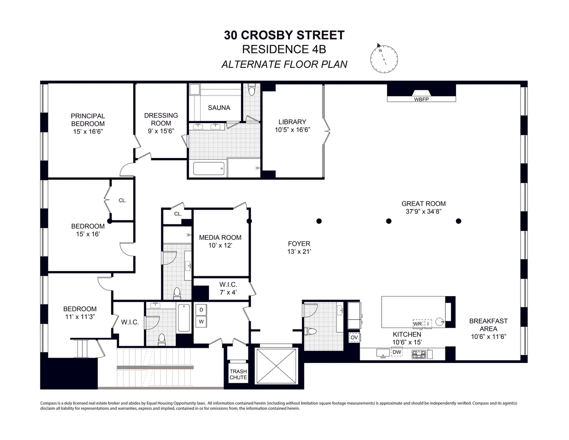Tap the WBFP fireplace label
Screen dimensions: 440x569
[x=421, y=99]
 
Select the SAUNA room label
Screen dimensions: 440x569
[x=219, y=108]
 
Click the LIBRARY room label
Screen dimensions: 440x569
[x=292, y=122]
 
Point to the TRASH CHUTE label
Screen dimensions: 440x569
[x=238, y=374]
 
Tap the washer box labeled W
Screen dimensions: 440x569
[x=201, y=322]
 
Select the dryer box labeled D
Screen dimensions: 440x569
[x=201, y=310]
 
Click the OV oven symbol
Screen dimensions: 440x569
[x=354, y=337]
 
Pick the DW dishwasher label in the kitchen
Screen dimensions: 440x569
[x=397, y=352]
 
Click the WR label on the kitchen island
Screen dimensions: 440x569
[x=417, y=324]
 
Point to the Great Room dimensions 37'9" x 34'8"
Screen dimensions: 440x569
[x=423, y=211]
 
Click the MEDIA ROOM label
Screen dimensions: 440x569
[x=220, y=238]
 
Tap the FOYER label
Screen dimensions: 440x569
[x=299, y=244]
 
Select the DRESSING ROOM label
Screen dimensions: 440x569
[x=161, y=119]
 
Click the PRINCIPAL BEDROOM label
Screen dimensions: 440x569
[x=88, y=120]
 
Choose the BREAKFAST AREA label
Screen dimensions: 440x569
[x=488, y=325]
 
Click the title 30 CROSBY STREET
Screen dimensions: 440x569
[x=284, y=35]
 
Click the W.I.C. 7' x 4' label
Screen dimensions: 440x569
[x=228, y=288]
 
